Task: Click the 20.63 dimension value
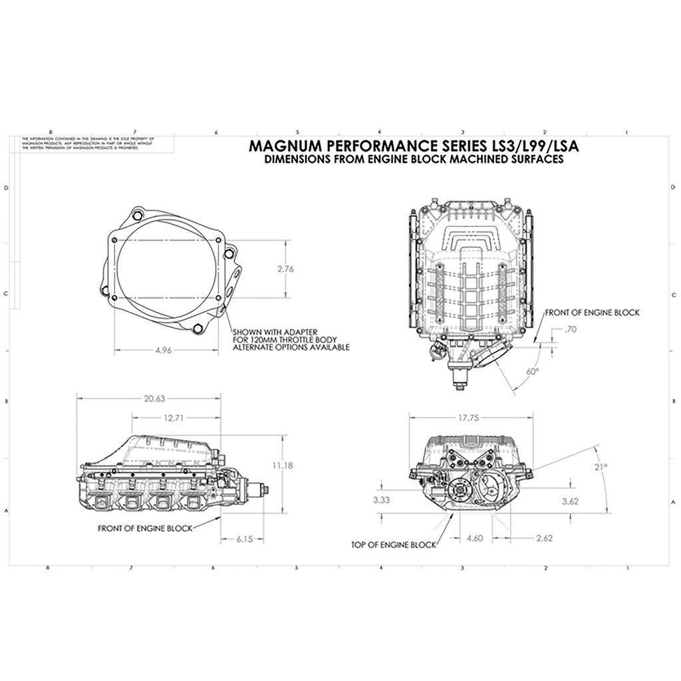pos(154,398)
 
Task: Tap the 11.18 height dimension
pos(283,465)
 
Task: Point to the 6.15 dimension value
pos(244,539)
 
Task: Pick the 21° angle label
pos(601,467)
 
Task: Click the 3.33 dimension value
pos(382,499)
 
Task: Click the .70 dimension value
pos(569,329)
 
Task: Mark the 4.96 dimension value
pos(163,351)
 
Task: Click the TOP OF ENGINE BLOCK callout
pos(394,545)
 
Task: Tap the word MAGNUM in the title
pos(281,146)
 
